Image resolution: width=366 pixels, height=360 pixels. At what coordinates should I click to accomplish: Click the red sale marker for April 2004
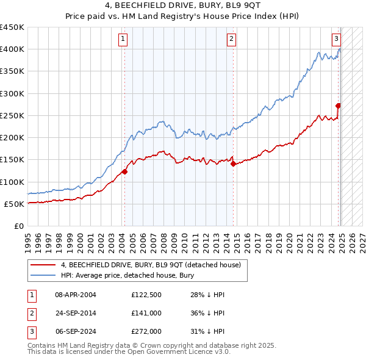124,171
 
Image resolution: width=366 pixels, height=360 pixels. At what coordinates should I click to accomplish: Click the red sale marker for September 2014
233,164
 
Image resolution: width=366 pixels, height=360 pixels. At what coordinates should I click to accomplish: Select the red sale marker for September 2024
338,106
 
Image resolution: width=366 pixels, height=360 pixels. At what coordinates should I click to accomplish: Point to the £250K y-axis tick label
13,115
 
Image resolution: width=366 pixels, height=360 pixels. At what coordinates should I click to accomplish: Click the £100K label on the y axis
13,182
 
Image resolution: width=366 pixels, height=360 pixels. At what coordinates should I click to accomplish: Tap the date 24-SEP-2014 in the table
76,314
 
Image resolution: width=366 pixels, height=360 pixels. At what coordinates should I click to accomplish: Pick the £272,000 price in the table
146,332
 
